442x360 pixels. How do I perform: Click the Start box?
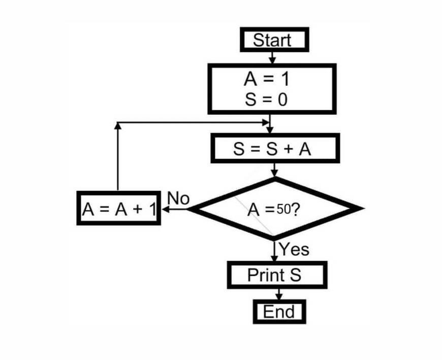[274, 40]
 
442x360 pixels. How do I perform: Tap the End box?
[279, 311]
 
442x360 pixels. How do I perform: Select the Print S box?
[276, 275]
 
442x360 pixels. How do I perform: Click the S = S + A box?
[275, 148]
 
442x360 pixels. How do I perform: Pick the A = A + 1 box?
[118, 208]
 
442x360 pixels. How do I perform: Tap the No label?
[178, 199]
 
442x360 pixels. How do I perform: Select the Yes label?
[294, 249]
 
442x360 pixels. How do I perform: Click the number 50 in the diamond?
[282, 209]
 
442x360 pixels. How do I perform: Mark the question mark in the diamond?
[294, 209]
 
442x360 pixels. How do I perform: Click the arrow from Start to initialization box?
[273, 57]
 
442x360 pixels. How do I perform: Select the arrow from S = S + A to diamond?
[275, 170]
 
